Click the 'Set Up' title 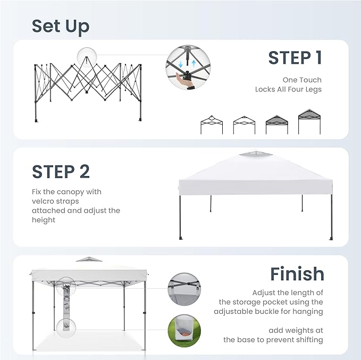(61, 27)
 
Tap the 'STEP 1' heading (295, 58)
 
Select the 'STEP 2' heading (61, 172)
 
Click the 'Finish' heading (297, 274)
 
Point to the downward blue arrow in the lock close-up (181, 64)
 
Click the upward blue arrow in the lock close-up (194, 63)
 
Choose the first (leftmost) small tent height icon (212, 124)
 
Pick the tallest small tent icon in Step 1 (309, 122)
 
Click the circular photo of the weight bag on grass (184, 331)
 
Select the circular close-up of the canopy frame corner (184, 289)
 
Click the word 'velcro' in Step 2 (43, 201)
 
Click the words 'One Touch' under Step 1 (302, 80)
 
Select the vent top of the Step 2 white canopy (256, 154)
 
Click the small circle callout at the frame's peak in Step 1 (87, 57)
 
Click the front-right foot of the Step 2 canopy (331, 238)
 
